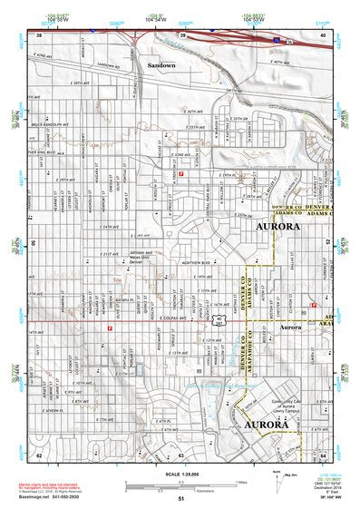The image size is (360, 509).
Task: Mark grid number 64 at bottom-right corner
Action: click(323, 455)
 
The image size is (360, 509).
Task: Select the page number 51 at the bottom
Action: click(180, 498)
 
